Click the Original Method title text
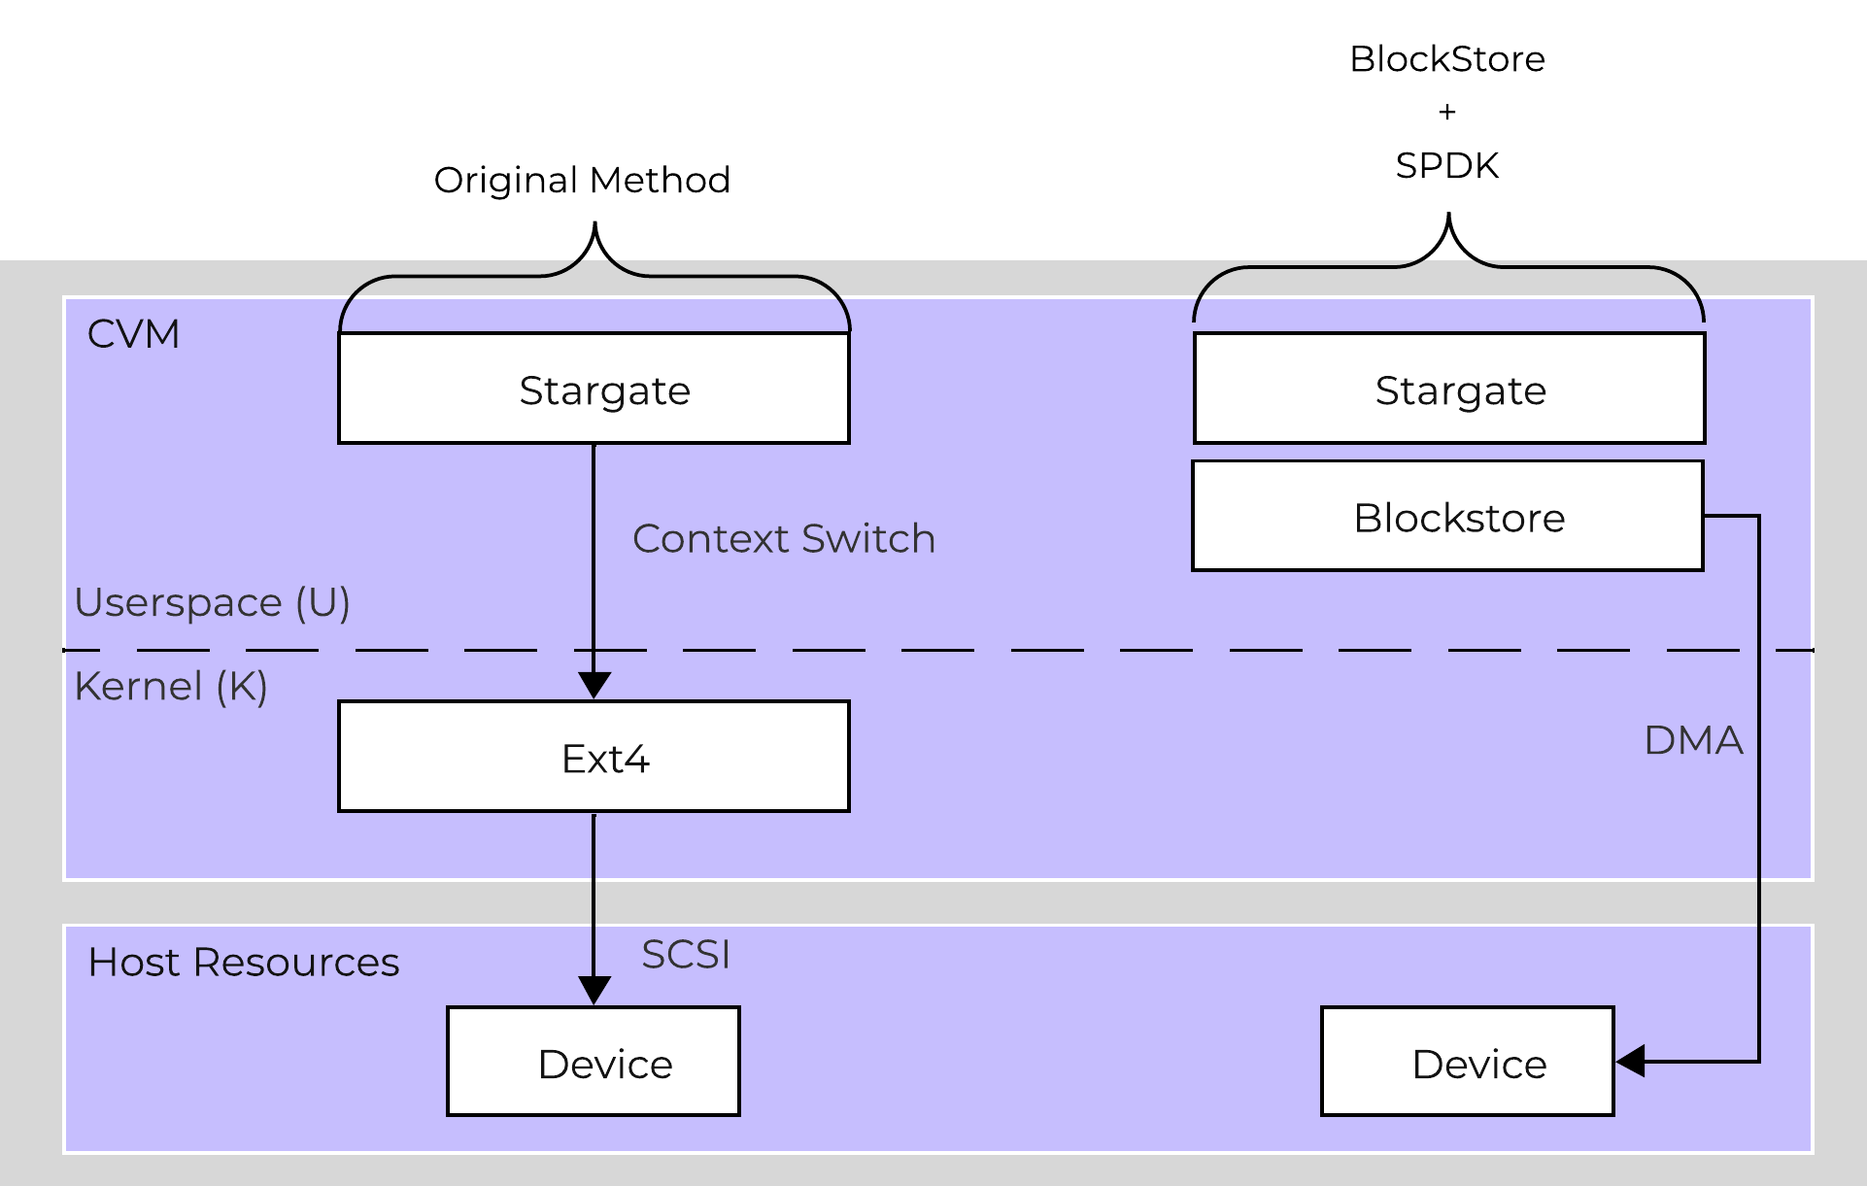click(582, 180)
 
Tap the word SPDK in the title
click(1446, 165)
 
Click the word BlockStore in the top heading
click(1446, 59)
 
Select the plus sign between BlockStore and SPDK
click(1446, 112)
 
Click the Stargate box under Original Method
click(594, 389)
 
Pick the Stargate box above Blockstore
click(1448, 389)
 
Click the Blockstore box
click(1447, 516)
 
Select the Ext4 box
click(594, 757)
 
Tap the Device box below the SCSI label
click(593, 1062)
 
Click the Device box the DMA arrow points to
click(1467, 1062)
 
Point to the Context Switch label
click(783, 538)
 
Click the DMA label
click(1692, 740)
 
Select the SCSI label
click(685, 954)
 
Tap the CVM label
click(133, 334)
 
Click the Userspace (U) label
click(212, 602)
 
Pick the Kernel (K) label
click(170, 686)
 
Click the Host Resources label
click(243, 962)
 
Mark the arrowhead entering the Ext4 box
click(594, 686)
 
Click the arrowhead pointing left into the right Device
click(1631, 1062)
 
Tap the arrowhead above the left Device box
click(594, 991)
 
